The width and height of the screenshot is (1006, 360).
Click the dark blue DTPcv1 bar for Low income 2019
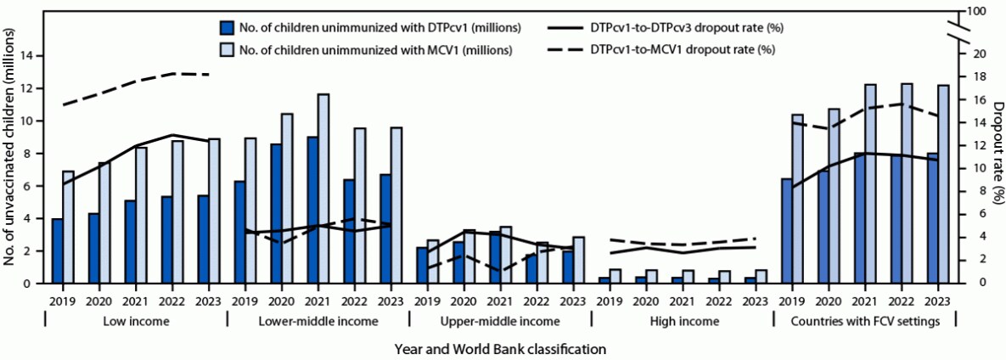[57, 250]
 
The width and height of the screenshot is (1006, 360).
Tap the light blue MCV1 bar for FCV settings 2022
[907, 183]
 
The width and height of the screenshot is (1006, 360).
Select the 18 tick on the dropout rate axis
[976, 76]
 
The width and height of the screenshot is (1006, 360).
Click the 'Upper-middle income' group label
[500, 321]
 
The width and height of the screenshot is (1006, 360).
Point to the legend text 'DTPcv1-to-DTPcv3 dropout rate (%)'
[686, 27]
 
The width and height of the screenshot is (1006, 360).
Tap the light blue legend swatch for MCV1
[227, 49]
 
